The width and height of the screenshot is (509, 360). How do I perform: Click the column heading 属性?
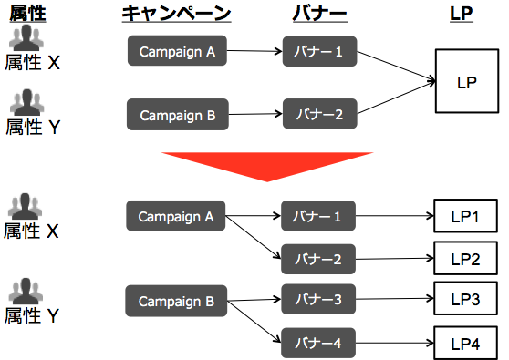pyautogui.click(x=27, y=13)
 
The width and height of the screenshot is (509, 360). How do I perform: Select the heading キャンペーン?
pyautogui.click(x=176, y=13)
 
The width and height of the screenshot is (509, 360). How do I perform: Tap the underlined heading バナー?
pyautogui.click(x=318, y=13)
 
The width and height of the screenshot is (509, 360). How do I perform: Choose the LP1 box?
pyautogui.click(x=464, y=217)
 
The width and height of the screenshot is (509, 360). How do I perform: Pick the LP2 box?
pyautogui.click(x=464, y=259)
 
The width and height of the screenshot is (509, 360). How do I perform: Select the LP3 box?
pyautogui.click(x=464, y=299)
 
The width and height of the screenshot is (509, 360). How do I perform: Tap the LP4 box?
pyautogui.click(x=464, y=345)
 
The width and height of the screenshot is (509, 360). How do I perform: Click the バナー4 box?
pyautogui.click(x=318, y=343)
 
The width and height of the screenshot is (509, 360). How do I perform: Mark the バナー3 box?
pyautogui.click(x=318, y=299)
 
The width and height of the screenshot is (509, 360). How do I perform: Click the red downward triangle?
pyautogui.click(x=264, y=165)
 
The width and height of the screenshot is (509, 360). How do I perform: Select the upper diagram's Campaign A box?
pyautogui.click(x=177, y=52)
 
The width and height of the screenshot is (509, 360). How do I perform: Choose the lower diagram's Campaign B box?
pyautogui.click(x=176, y=300)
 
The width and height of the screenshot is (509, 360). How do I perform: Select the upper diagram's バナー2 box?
pyautogui.click(x=318, y=115)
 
